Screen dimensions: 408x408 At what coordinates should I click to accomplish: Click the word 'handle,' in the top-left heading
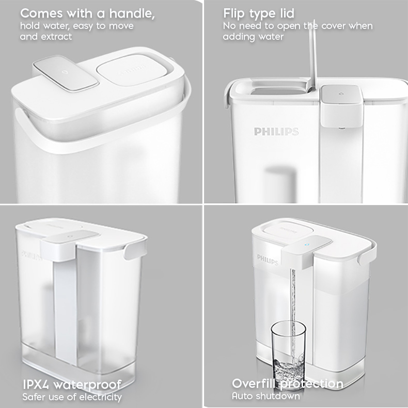132,13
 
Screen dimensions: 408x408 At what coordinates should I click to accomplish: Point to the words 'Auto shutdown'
265,396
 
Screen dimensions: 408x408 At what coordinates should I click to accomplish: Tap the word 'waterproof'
87,385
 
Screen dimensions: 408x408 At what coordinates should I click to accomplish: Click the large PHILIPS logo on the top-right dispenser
276,132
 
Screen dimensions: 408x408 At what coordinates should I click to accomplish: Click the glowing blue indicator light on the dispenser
307,244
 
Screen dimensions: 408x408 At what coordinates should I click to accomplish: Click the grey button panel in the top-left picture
66,73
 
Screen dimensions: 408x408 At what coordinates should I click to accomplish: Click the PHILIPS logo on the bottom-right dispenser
268,259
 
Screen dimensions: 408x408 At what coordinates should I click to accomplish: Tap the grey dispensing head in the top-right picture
341,105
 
